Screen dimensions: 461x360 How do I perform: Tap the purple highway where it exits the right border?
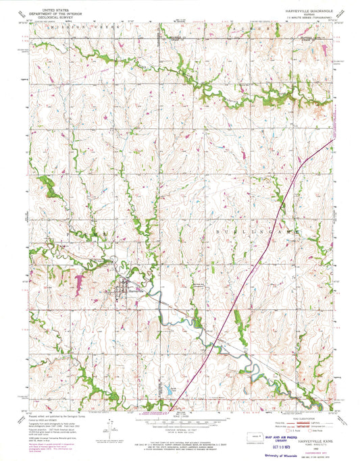334,141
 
